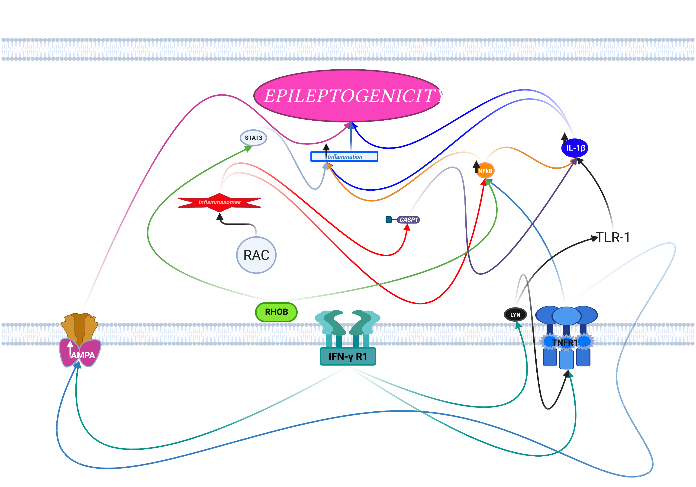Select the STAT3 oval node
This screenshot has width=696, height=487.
click(x=253, y=138)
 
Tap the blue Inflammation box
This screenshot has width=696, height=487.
click(x=344, y=156)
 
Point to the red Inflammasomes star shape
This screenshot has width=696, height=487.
click(x=219, y=202)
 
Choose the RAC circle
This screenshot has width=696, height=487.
click(x=256, y=255)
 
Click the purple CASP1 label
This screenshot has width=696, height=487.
click(x=408, y=220)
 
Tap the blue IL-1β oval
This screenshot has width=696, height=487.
click(x=575, y=148)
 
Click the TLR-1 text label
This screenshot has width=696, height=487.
click(x=613, y=237)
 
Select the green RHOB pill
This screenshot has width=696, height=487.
click(x=276, y=312)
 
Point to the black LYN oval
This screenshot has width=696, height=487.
click(x=515, y=314)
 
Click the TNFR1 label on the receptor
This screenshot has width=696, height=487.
click(x=565, y=343)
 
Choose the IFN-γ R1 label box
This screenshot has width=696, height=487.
click(x=348, y=356)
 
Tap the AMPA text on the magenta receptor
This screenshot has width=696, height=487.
click(x=83, y=355)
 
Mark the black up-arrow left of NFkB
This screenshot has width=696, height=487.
click(x=476, y=167)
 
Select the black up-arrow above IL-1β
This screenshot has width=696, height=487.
click(x=564, y=138)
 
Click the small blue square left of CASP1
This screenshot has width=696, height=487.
click(x=389, y=220)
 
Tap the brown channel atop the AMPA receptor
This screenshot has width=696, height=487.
click(x=80, y=327)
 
